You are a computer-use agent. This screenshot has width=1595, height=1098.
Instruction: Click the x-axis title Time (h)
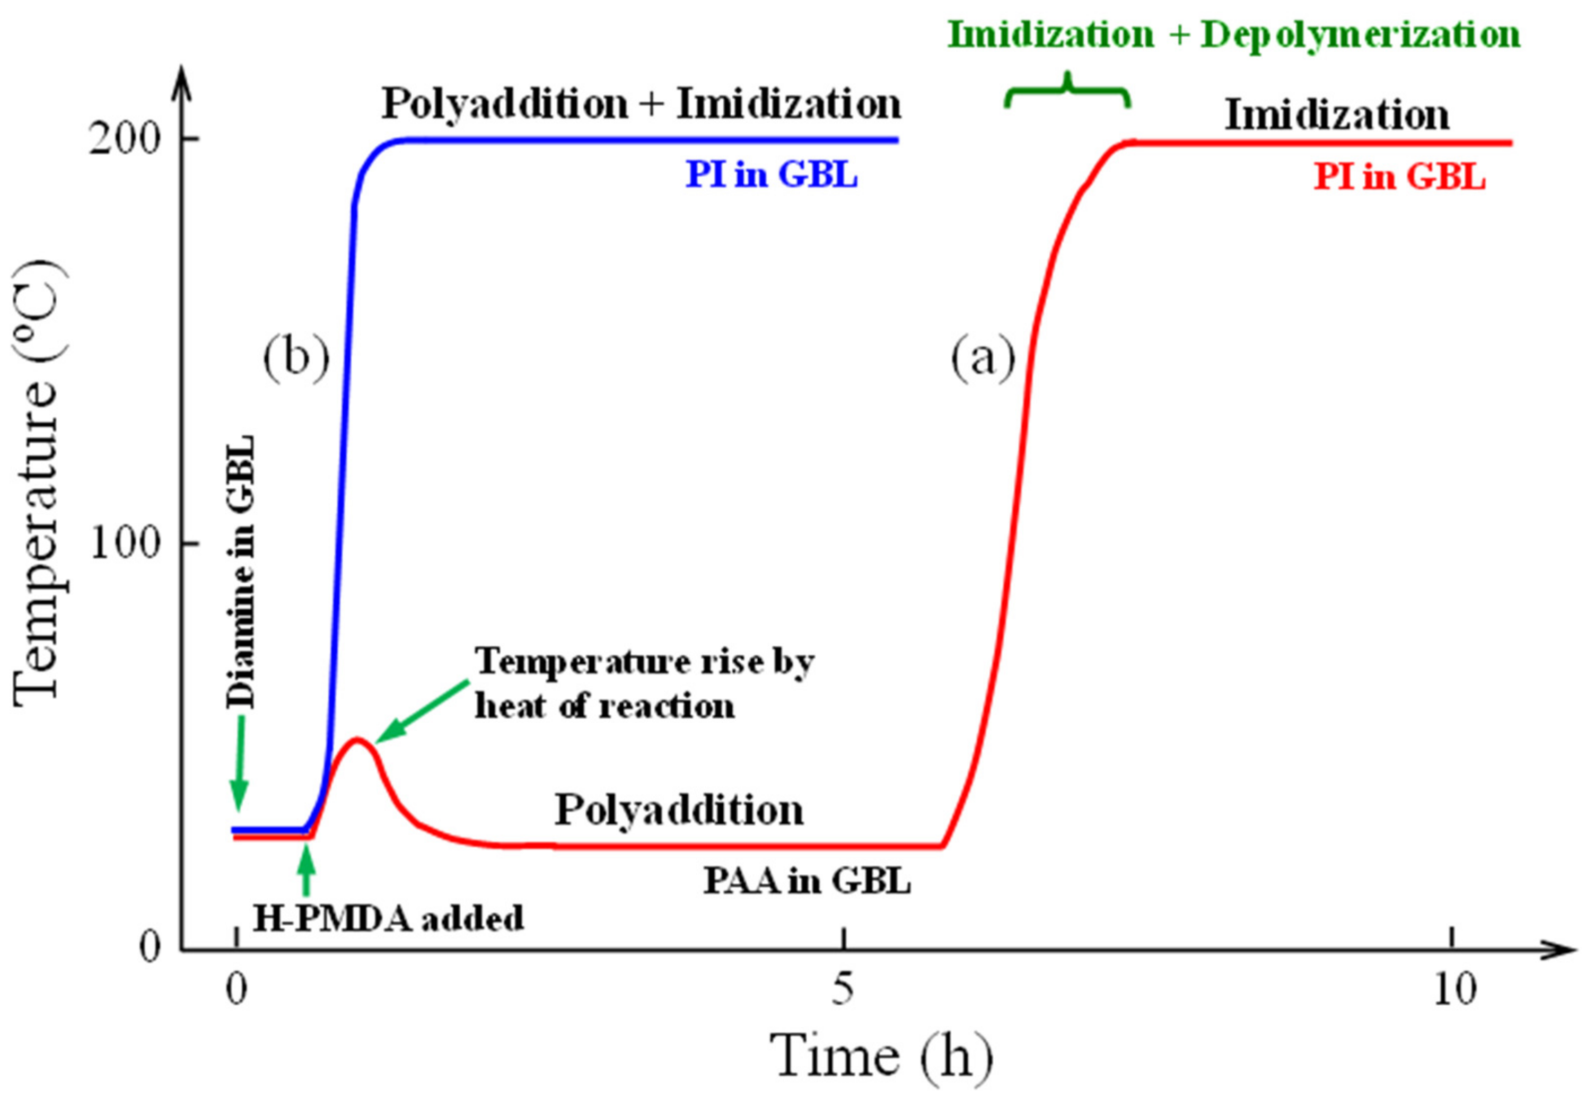point(881,1057)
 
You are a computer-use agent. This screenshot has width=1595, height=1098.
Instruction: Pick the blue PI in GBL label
point(772,175)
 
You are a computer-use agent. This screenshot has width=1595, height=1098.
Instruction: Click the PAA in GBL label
point(807,881)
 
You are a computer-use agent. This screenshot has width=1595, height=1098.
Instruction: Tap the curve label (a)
point(983,358)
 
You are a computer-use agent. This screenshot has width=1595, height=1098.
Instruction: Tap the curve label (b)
point(296,358)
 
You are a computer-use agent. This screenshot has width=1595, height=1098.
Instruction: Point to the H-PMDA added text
point(388,918)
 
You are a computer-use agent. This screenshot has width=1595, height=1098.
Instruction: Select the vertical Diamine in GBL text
point(241,571)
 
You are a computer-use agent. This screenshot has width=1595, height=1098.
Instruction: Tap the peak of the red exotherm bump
point(356,740)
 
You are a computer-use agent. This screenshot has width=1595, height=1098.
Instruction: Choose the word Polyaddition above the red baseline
point(679,810)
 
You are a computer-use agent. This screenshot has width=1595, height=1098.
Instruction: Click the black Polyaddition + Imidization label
point(641,104)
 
